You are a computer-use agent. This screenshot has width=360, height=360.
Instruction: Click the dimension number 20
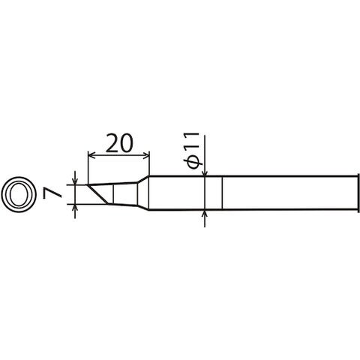coord(119,143)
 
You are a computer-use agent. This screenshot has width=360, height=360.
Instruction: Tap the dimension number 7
coord(52,194)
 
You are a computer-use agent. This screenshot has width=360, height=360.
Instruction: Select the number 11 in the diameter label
coord(192,141)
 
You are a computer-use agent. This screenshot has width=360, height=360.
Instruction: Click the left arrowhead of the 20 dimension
coord(92,156)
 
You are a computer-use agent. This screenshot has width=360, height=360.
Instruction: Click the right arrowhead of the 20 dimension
coord(145,156)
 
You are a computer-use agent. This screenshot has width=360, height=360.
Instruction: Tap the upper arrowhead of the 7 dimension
coord(75,181)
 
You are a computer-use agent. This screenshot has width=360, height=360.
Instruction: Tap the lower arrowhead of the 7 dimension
coord(75,208)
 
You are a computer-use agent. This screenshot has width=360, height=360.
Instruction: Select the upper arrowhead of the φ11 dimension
coord(205,172)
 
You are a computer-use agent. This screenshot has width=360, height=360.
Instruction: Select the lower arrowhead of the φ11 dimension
coord(205,214)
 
